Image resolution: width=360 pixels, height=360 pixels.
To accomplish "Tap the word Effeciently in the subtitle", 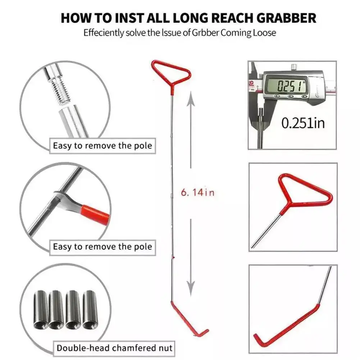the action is coord(104,33).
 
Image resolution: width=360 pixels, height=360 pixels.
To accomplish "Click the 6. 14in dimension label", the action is coord(198,192).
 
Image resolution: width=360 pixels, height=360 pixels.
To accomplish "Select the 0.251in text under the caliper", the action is coord(303,123).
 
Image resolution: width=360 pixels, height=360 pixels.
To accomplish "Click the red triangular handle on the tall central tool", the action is coord(171,73).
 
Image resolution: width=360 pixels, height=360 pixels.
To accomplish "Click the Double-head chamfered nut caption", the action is coord(114,348).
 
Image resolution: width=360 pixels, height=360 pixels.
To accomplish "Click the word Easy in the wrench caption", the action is coord(62,247).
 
